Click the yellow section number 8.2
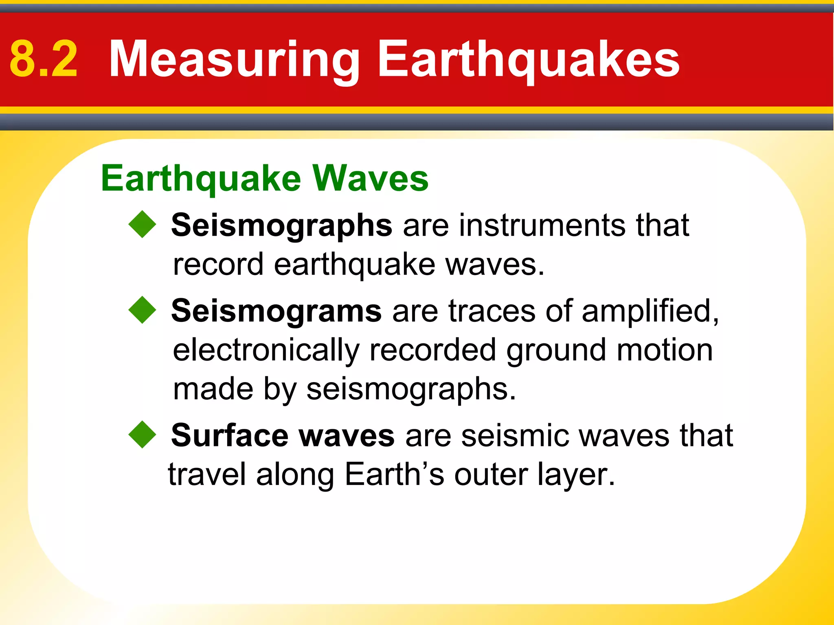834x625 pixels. tap(44, 59)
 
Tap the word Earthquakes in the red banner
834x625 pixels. tap(529, 59)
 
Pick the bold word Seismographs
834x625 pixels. tap(281, 225)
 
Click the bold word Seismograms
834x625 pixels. tap(276, 310)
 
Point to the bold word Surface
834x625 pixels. tap(230, 435)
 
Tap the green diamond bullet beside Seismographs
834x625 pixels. tap(142, 224)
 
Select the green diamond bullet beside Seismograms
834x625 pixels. tap(142, 310)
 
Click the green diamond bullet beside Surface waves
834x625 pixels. tap(142, 435)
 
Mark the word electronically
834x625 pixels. tap(266, 350)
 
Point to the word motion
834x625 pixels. tap(665, 350)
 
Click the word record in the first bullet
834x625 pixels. tap(218, 264)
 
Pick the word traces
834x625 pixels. tap(492, 310)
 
